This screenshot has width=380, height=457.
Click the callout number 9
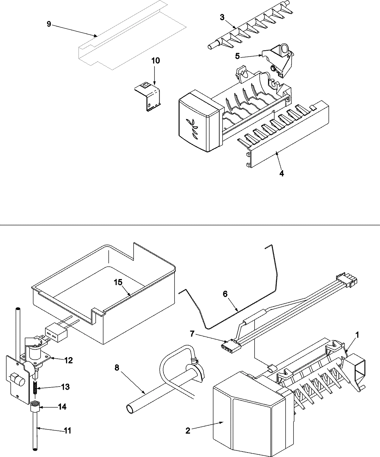49,24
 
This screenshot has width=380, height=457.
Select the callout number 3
222,17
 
